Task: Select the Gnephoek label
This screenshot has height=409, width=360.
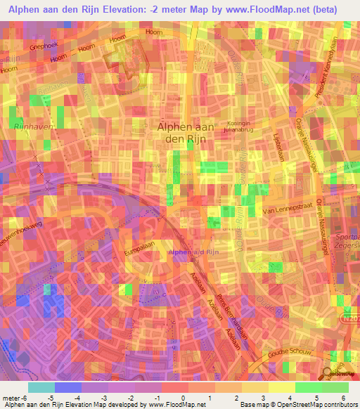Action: click(x=44, y=41)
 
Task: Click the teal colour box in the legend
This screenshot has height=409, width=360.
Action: click(x=41, y=387)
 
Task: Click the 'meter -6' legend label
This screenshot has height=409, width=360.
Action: click(x=14, y=397)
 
